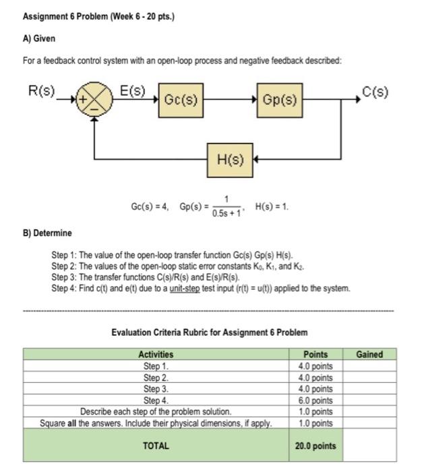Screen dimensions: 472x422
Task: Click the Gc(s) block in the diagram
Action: coord(181,100)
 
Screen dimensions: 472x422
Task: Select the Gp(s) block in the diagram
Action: coord(279,100)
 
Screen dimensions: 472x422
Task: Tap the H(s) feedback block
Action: coord(230,159)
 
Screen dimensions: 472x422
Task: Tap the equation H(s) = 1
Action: coord(272,206)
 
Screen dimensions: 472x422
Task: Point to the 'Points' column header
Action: coord(315,354)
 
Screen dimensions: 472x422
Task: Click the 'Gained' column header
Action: coord(369,354)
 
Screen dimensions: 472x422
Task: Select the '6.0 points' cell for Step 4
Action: coord(315,401)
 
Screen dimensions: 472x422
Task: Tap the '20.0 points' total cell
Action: coord(315,446)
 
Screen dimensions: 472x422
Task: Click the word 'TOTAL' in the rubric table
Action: coord(156,446)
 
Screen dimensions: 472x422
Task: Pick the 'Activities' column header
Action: coord(156,354)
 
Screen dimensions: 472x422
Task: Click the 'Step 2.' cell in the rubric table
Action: coord(156,378)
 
